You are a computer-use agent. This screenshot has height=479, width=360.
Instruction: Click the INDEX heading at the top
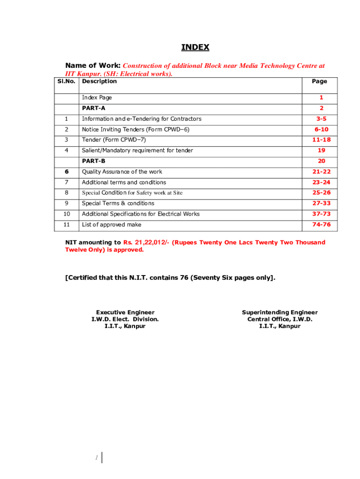click(x=195, y=47)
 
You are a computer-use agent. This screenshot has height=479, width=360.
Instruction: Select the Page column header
click(x=319, y=81)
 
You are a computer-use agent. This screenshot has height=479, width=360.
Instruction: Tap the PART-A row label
click(x=94, y=108)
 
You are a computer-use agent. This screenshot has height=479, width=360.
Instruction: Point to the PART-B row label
click(x=94, y=161)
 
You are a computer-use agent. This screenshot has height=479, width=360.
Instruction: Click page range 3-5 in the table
click(x=321, y=119)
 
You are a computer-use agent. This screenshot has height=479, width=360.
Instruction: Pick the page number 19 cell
click(x=321, y=150)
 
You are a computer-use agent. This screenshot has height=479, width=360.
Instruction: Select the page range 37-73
click(x=321, y=214)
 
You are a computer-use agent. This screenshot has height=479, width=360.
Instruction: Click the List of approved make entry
click(x=111, y=225)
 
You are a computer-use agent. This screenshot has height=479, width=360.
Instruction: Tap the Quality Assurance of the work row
click(x=122, y=172)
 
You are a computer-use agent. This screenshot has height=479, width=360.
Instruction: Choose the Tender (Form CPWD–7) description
click(x=110, y=140)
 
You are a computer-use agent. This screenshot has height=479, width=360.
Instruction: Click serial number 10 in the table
click(x=66, y=214)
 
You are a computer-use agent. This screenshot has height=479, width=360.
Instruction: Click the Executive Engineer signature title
click(x=125, y=312)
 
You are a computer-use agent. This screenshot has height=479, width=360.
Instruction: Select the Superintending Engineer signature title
click(x=280, y=312)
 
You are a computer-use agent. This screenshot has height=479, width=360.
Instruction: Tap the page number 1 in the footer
click(x=96, y=458)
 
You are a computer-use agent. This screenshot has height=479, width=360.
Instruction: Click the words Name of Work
click(x=93, y=66)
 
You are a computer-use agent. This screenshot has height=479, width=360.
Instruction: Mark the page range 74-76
click(x=321, y=225)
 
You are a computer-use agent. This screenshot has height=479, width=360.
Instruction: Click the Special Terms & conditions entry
click(x=118, y=203)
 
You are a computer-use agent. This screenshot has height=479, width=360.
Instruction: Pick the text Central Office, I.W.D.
click(x=280, y=319)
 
